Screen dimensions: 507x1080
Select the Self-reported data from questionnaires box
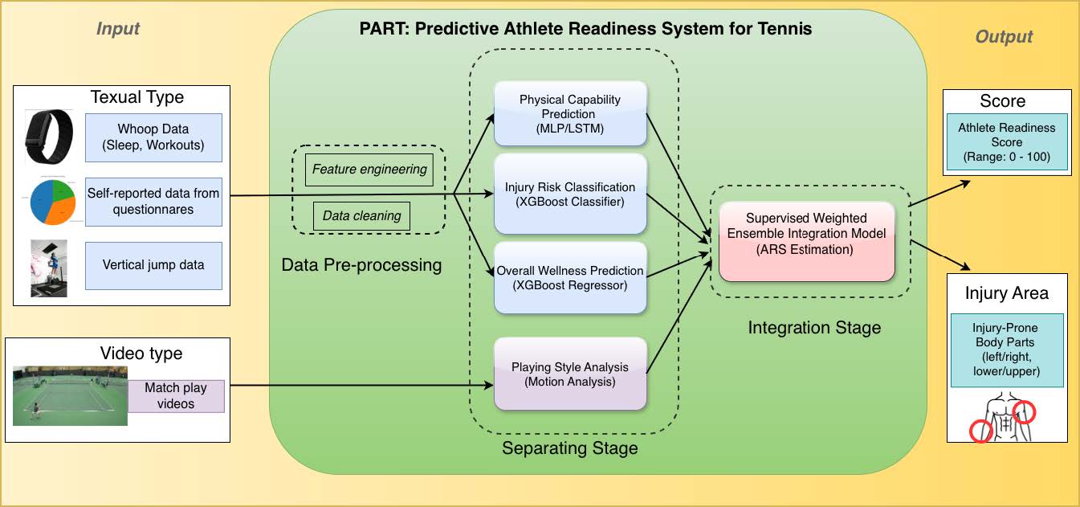[x=153, y=201]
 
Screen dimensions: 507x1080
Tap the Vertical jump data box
[x=153, y=265]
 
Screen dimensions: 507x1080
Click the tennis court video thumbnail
[x=70, y=395]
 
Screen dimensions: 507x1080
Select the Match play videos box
[x=176, y=395]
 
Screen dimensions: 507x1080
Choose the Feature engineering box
[x=369, y=170]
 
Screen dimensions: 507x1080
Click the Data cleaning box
[x=361, y=216]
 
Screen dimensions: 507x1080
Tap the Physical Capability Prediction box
[x=570, y=114]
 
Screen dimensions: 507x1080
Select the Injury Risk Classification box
[x=570, y=194]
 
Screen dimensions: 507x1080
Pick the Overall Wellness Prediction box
[x=570, y=278]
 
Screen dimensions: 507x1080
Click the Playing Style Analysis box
[x=570, y=374]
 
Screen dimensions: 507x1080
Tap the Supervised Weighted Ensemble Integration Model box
[x=806, y=241]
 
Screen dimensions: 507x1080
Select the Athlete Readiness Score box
[x=1007, y=142]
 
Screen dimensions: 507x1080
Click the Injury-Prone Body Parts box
[x=1007, y=351]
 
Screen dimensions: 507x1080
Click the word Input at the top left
[x=118, y=29]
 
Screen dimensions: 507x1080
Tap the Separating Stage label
[x=569, y=448]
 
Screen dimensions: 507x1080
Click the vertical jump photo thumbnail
[x=48, y=268]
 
